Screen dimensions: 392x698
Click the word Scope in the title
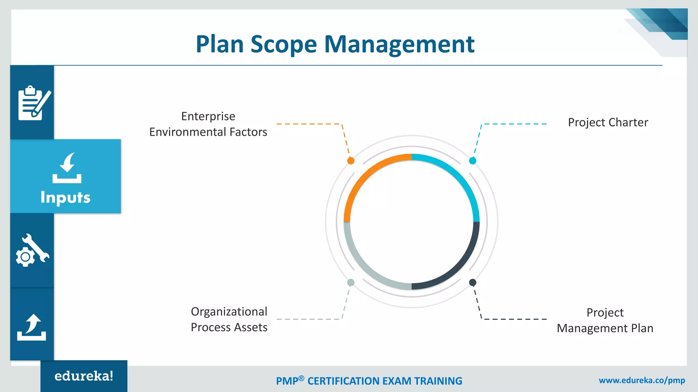click(284, 44)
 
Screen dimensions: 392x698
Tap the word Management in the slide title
click(399, 44)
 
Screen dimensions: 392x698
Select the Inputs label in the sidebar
click(65, 197)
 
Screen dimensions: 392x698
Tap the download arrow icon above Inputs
click(67, 168)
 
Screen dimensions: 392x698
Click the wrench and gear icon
click(32, 250)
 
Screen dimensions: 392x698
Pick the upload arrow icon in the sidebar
click(32, 327)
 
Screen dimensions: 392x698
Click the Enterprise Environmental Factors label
click(208, 124)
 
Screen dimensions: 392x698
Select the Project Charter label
click(608, 122)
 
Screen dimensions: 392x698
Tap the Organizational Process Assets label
click(229, 320)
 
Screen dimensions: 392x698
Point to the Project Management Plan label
click(605, 321)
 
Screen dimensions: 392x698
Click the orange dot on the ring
click(351, 161)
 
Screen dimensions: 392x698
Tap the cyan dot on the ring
click(472, 161)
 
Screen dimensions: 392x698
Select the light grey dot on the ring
click(351, 282)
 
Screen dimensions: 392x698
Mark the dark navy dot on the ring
click(472, 282)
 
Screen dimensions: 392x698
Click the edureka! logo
click(84, 376)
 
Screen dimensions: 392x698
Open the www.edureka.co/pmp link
click(642, 380)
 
